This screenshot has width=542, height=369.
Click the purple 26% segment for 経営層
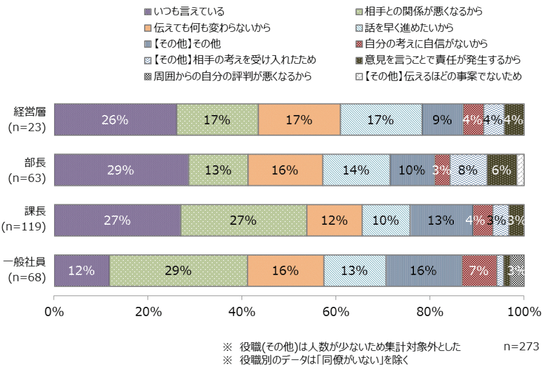click(x=116, y=120)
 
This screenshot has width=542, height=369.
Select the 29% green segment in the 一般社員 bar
click(x=179, y=270)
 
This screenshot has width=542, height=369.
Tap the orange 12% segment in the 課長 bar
click(x=334, y=220)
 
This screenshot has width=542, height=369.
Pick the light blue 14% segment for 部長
click(x=357, y=170)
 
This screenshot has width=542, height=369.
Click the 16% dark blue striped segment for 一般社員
click(x=424, y=270)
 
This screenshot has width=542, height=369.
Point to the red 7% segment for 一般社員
click(x=479, y=270)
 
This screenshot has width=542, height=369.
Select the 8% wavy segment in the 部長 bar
click(x=469, y=170)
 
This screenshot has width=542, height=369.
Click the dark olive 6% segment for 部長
click(x=502, y=170)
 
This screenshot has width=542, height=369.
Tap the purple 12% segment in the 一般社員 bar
click(x=82, y=270)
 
